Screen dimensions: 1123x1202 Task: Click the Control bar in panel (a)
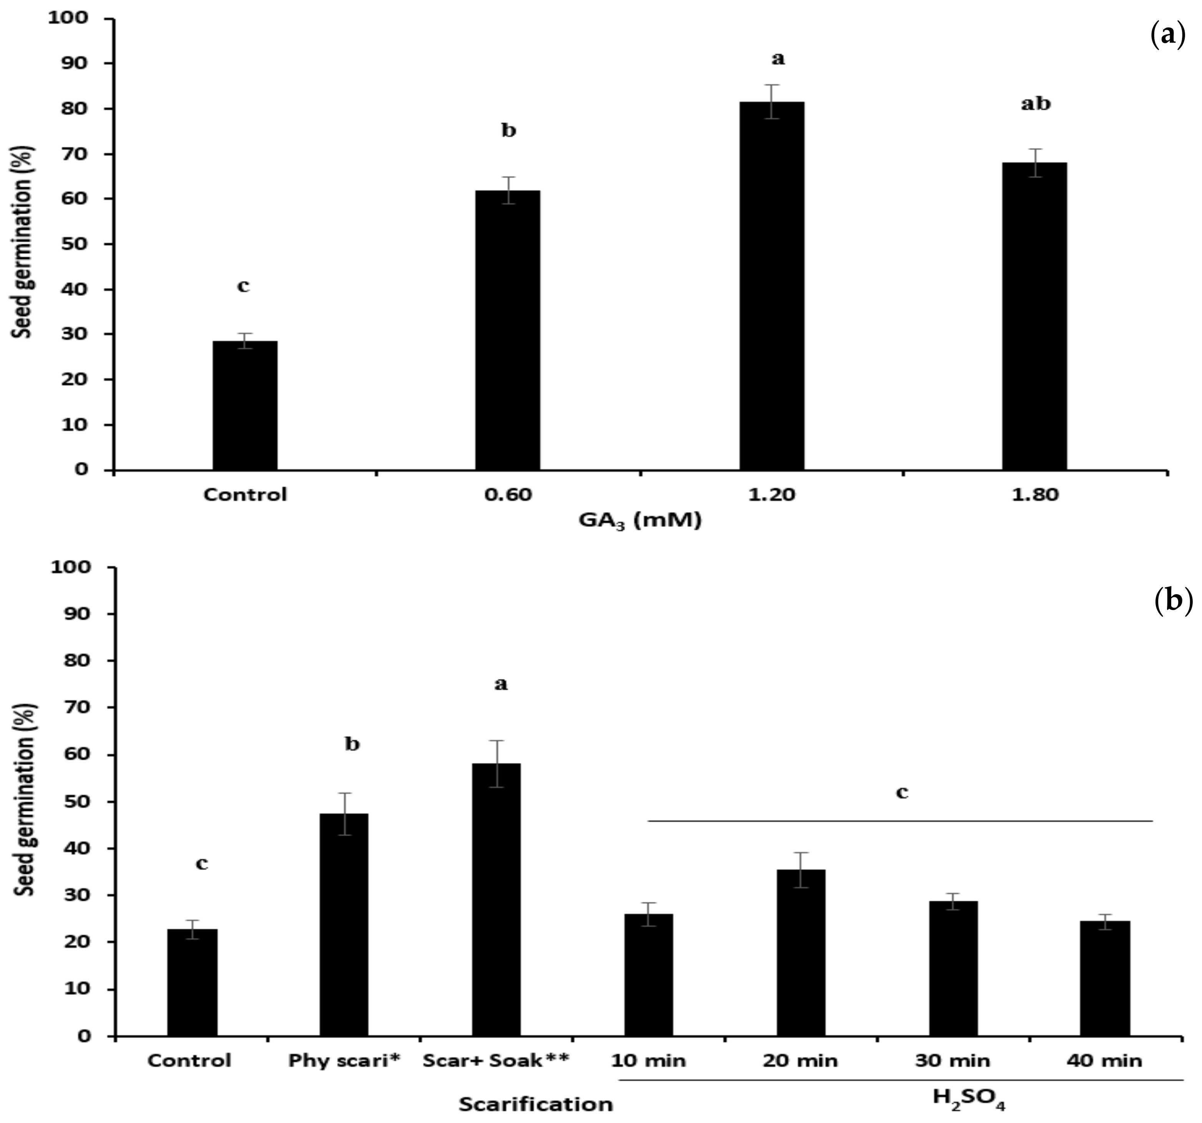click(245, 405)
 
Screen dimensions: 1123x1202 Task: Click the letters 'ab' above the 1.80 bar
click(1036, 104)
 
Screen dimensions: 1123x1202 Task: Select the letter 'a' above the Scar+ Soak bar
click(501, 684)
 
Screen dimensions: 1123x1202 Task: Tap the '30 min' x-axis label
click(953, 1061)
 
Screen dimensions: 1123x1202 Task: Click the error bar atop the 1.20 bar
click(772, 101)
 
